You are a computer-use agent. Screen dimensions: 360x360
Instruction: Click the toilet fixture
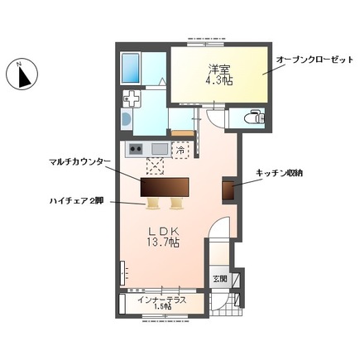[255, 119]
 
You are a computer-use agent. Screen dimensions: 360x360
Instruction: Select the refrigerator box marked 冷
[182, 150]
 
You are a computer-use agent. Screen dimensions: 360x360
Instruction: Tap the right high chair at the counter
[175, 203]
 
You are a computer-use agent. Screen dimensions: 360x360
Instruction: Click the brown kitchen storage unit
[228, 189]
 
